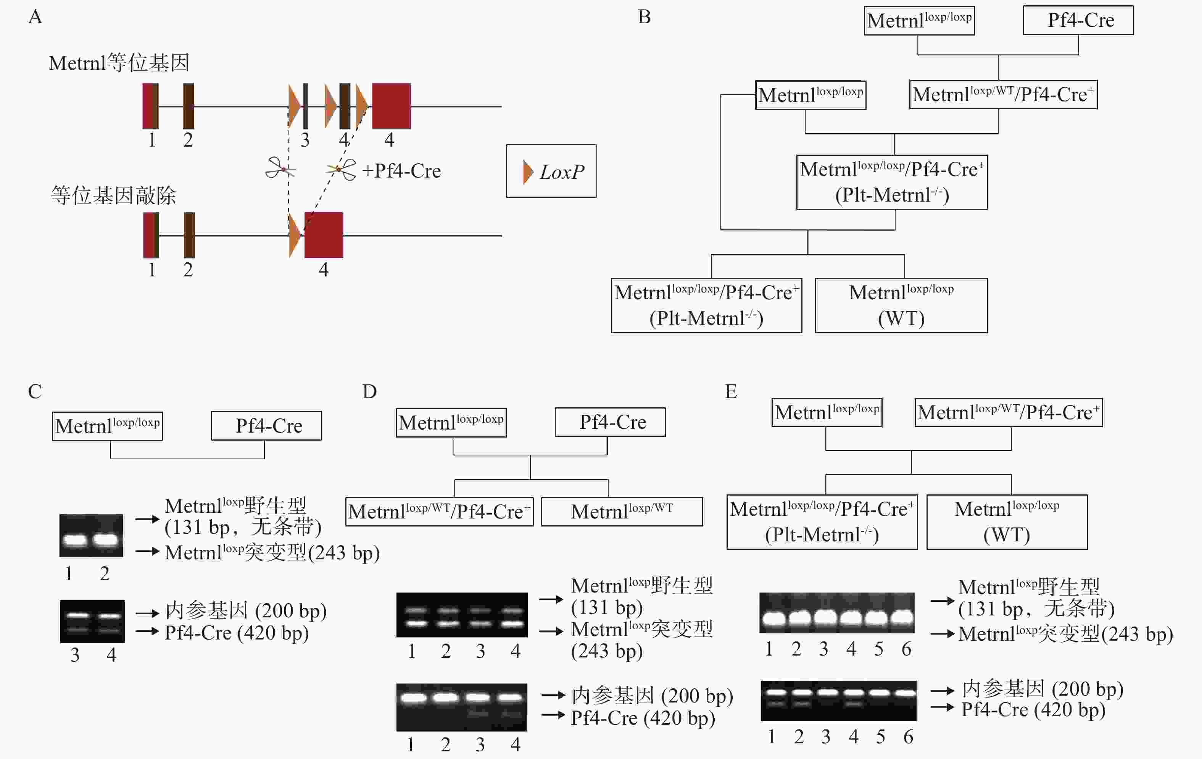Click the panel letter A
tap(35, 17)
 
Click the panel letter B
tap(644, 17)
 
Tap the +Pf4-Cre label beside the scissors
tap(401, 171)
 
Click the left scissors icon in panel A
tap(280, 168)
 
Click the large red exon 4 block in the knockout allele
tap(324, 235)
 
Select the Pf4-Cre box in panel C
tap(267, 425)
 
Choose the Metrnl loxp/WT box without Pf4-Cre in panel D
tap(622, 511)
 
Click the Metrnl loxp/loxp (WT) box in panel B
tap(901, 305)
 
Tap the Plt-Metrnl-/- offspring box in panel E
tap(822, 522)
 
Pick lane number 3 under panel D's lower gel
tap(480, 744)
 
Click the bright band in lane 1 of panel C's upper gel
tap(75, 540)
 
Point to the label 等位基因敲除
tap(113, 195)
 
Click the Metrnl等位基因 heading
tap(119, 63)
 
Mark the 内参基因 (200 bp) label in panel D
tap(652, 696)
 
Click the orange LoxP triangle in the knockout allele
tap(295, 235)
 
